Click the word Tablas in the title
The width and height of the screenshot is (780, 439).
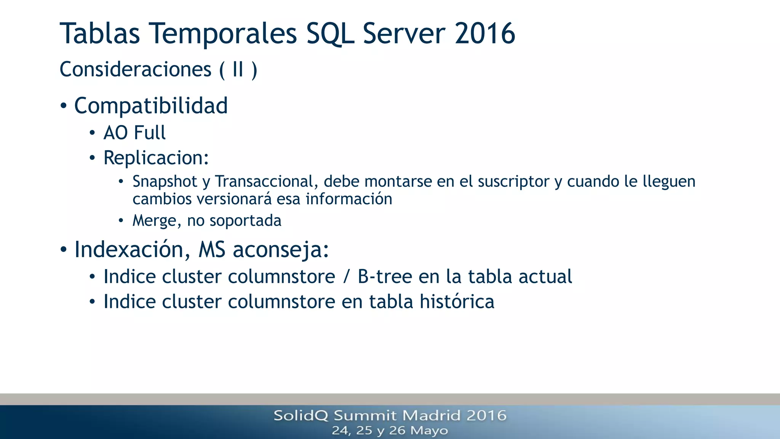click(x=100, y=34)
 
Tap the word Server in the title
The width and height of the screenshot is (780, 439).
click(x=404, y=34)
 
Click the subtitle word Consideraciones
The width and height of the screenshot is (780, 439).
click(x=136, y=70)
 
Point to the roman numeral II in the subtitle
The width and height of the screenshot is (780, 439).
click(x=238, y=70)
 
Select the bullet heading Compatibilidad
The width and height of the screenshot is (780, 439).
click(x=151, y=106)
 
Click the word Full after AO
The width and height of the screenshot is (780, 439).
click(x=150, y=133)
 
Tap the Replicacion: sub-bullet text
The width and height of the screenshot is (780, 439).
click(x=156, y=158)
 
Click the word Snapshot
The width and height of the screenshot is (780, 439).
click(x=165, y=181)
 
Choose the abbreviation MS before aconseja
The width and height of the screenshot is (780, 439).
click(x=212, y=250)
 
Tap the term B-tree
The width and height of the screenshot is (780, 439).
click(x=385, y=277)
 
